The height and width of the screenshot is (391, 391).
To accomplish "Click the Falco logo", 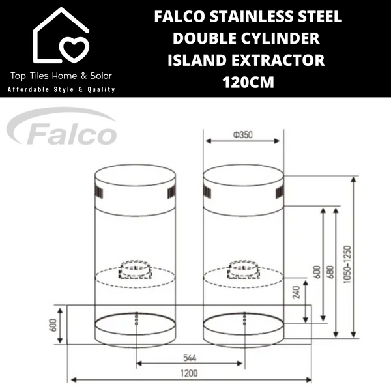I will tap(63, 129).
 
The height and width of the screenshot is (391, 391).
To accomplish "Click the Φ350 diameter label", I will tap(243, 136).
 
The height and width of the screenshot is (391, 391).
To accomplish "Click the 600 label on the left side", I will tap(54, 324).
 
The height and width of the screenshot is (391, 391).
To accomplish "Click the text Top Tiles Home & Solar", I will tap(63, 76).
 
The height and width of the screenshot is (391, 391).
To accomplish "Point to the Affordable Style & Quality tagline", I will tap(62, 89).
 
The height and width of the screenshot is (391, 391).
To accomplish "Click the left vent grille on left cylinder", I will tap(99, 193).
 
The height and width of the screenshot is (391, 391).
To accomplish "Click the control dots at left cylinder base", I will tap(136, 319).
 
